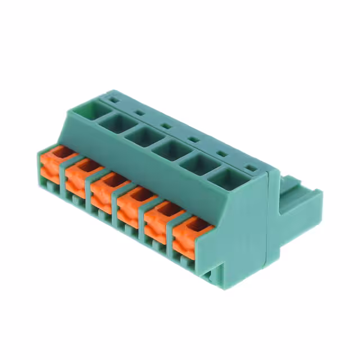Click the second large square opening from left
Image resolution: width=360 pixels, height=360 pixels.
(112, 122)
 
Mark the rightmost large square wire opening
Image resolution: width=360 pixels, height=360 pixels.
(227, 179)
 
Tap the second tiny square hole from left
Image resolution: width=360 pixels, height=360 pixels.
(138, 112)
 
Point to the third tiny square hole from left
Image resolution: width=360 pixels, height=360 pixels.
(165, 125)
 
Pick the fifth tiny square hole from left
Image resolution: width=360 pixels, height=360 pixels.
(221, 153)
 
